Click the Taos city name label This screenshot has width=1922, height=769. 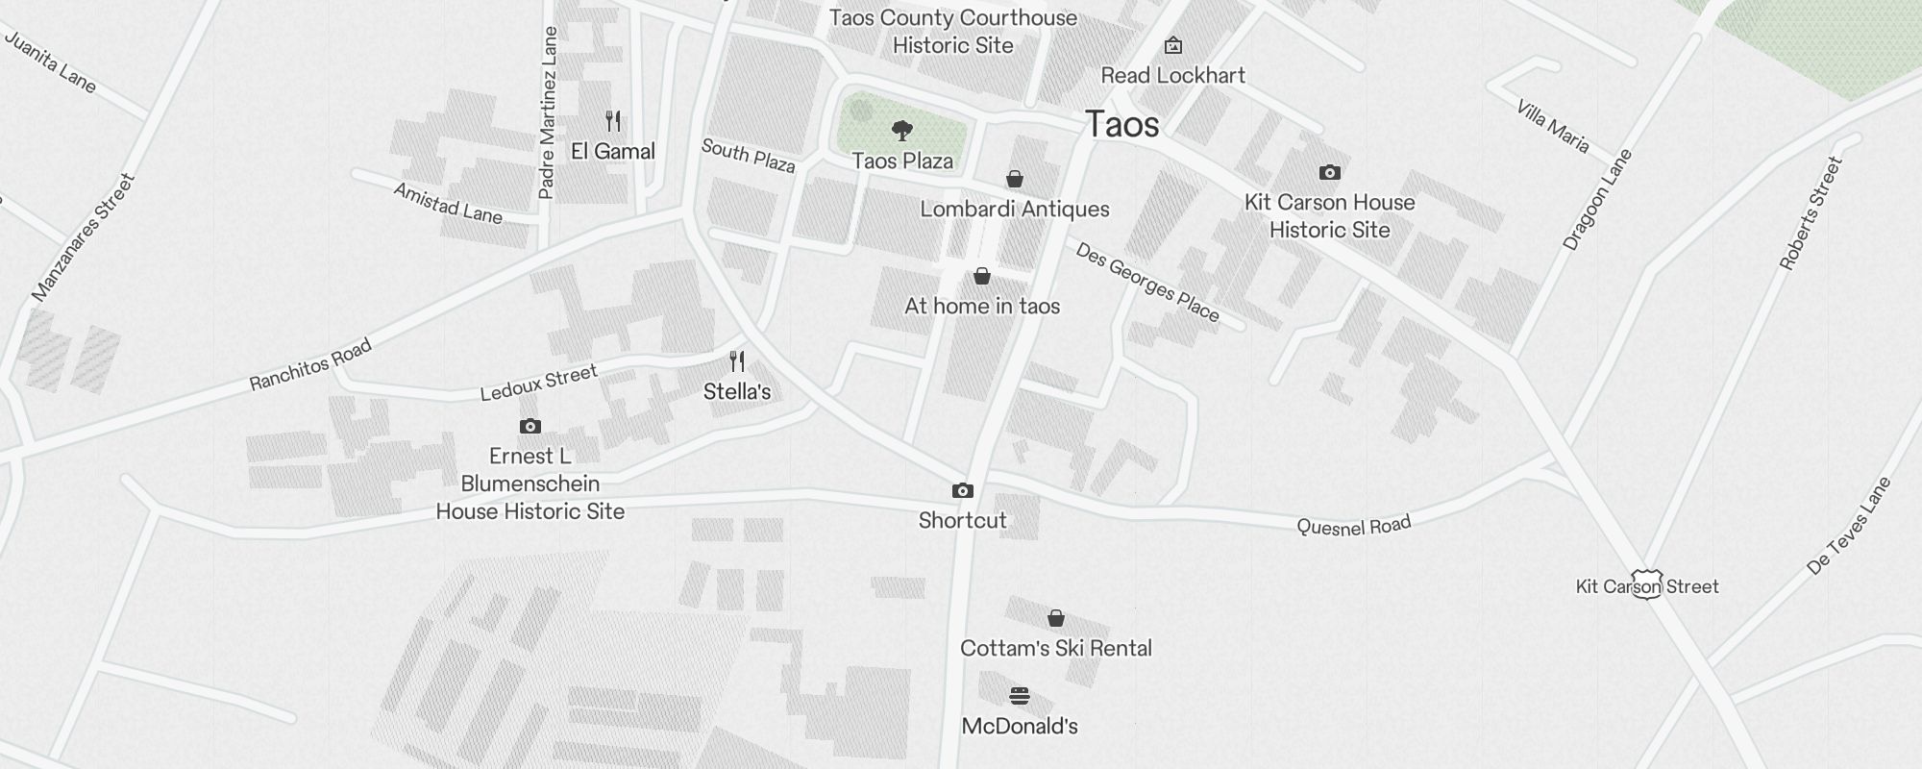point(1121,125)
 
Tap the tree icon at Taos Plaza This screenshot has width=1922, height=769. point(901,130)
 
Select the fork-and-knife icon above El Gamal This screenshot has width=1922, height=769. point(613,121)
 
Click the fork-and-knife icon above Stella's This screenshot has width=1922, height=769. point(737,361)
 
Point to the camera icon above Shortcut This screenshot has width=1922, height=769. point(962,491)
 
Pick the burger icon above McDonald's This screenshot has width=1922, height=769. point(1020,696)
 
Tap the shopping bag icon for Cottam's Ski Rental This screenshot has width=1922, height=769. point(1055,618)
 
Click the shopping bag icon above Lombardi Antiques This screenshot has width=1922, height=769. point(1014,179)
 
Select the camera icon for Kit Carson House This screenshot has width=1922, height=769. point(1329,173)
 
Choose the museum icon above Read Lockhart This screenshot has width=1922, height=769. point(1172,45)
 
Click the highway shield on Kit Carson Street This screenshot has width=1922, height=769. point(1646,584)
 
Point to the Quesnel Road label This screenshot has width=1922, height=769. point(1353,526)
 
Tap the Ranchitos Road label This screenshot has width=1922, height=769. point(310,366)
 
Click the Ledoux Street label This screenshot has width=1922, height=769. point(538,382)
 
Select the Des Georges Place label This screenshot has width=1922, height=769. point(1147,283)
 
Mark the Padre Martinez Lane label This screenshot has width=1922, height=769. point(548,113)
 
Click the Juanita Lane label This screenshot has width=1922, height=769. point(51,62)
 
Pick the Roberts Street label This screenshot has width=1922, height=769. point(1811,213)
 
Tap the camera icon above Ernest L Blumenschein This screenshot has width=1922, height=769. point(530,426)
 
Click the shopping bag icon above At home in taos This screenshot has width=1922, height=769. point(981,277)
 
